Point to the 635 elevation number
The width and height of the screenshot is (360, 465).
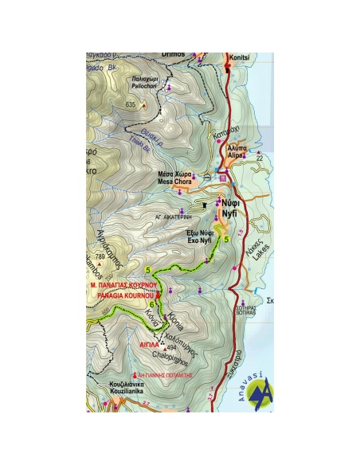coord(131,105)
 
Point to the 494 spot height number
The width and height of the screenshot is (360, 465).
coord(170,349)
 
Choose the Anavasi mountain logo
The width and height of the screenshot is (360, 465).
coord(259,391)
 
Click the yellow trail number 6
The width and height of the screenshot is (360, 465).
coord(151,303)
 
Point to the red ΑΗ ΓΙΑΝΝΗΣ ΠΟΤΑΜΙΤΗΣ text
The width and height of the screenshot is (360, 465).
coord(163,373)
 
